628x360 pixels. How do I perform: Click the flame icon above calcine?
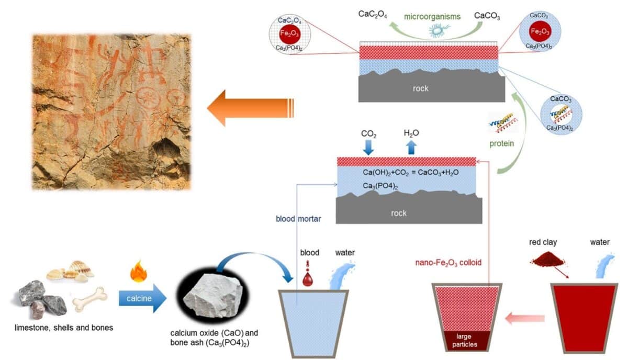[x=139, y=272]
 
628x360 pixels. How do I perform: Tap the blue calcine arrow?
[x=142, y=298]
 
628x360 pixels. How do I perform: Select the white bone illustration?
[x=89, y=299]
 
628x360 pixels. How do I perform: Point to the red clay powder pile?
[x=548, y=260]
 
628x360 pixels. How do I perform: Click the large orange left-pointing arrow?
[x=250, y=108]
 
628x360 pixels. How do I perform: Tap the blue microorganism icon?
[x=439, y=30]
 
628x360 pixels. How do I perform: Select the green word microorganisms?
[x=432, y=17]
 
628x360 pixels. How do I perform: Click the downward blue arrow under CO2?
[x=368, y=148]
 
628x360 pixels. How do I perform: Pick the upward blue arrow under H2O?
[x=411, y=148]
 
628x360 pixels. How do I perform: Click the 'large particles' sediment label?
[x=464, y=340]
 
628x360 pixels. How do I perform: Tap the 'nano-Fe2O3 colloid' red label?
[x=448, y=263]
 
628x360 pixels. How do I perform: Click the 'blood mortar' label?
[x=298, y=219]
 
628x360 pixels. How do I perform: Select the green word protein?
[x=501, y=143]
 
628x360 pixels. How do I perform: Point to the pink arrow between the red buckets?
[x=525, y=319]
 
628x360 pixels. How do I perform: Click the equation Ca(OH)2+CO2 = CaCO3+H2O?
[x=411, y=172]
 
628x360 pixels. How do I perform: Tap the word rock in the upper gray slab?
[x=421, y=88]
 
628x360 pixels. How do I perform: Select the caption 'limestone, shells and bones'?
[x=64, y=328]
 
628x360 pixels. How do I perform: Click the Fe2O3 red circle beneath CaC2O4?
[x=290, y=33]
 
